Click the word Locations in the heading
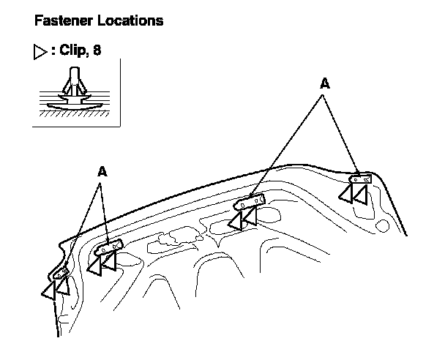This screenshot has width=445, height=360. coord(129,20)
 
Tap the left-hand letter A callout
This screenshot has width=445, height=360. coord(102,172)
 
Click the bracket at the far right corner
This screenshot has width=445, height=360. coord(362,177)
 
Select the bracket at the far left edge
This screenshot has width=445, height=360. coord(64,273)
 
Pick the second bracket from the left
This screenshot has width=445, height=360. coord(108,249)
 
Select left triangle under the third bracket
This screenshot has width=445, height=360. coord(236,219)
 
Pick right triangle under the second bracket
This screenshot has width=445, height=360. coord(110,262)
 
